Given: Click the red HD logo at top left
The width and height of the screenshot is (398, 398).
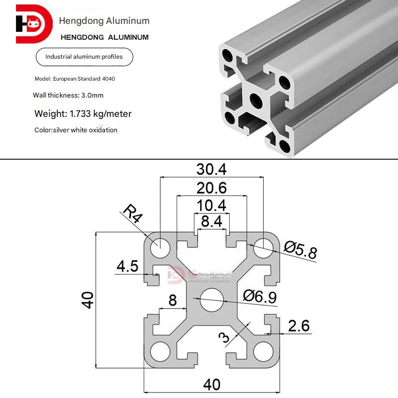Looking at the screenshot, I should pos(34,24).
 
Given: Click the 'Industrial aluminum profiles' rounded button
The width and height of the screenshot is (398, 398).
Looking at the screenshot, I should pos(84,57).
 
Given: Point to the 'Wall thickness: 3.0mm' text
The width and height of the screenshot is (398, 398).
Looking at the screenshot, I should pos(68,95).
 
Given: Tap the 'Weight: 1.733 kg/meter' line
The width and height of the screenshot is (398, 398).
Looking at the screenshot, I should pos(83,114).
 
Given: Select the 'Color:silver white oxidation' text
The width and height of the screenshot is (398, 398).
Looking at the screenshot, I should pos(76,130).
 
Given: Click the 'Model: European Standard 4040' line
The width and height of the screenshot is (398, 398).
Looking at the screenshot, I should pos(77,79).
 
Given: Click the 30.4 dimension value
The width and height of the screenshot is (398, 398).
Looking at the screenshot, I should pos(212,170).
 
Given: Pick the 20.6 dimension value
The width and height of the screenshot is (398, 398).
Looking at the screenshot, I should pos(212,189).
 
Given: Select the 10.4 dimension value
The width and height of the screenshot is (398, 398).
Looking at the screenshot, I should pos(212,205).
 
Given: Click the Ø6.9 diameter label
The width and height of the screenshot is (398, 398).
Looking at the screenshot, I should pos(260,297).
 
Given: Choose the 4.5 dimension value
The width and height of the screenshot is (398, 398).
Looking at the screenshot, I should pos(127,266).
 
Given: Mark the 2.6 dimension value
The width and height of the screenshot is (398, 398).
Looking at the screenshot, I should pos(298,326).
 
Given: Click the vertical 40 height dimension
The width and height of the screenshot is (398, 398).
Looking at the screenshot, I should pos(88,300).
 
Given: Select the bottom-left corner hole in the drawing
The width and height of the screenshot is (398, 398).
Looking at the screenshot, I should pos(159,351).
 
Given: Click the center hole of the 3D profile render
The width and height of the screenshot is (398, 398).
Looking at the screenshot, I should pos(257,100).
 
